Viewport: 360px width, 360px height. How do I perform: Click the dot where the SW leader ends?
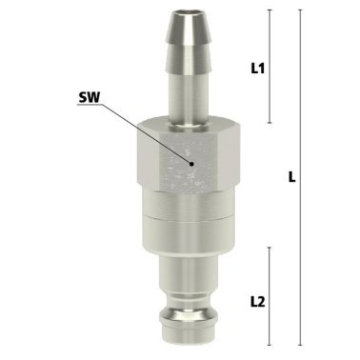coord(192,163)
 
